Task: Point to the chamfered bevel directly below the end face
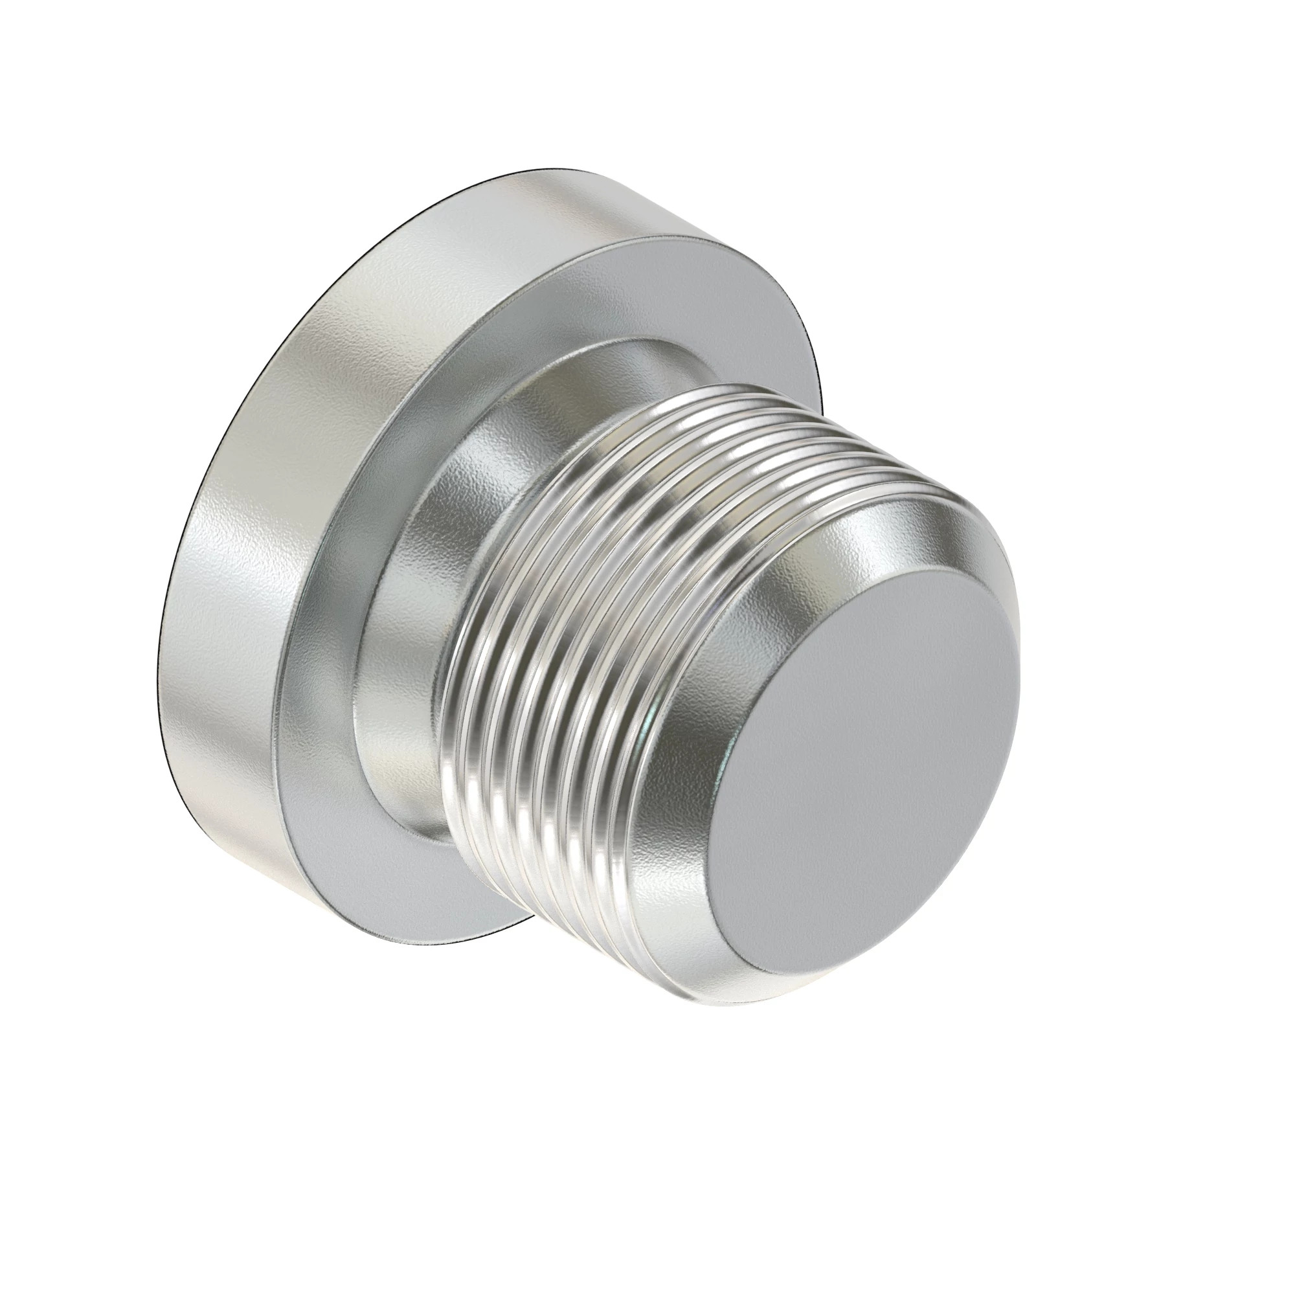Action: coord(771,938)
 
